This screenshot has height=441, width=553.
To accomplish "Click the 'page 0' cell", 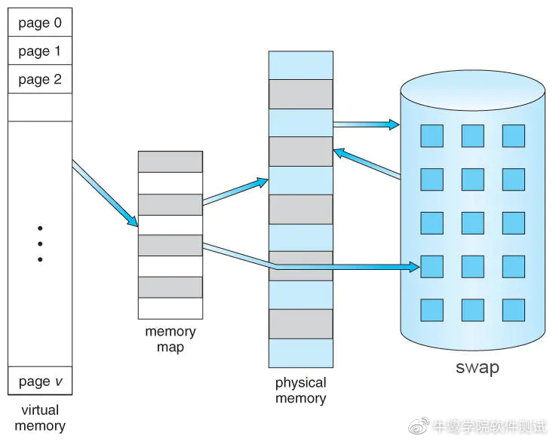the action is tap(40, 22).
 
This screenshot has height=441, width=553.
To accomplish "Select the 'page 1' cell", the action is tap(40, 51).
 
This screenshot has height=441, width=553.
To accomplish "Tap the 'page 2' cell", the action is tap(40, 79).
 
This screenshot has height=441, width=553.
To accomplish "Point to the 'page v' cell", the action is tap(40, 381).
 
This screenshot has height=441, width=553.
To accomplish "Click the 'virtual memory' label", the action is tap(40, 418).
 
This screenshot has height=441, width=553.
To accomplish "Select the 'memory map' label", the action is tap(171, 339).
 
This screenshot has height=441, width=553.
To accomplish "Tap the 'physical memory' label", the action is tap(301, 390).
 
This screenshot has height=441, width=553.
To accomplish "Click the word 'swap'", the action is tap(478, 368).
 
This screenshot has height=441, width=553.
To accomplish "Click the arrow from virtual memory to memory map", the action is tap(105, 194).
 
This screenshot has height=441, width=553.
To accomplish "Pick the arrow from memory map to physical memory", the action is tap(235, 191).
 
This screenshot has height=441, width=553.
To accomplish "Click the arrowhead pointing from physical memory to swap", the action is tap(395, 124).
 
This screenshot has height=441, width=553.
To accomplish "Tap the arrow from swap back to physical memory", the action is tap(367, 163).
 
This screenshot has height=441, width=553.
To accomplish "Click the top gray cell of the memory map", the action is tap(171, 162).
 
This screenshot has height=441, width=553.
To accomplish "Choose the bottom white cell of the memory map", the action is tap(171, 308).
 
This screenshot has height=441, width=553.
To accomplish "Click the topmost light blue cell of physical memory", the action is tap(301, 66).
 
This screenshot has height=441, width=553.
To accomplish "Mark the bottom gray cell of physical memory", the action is tap(301, 324).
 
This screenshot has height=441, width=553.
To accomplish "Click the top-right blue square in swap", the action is tap(514, 136).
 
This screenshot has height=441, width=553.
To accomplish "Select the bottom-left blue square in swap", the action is tap(432, 311).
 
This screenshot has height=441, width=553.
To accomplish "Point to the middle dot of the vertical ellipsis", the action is tap(40, 243).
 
